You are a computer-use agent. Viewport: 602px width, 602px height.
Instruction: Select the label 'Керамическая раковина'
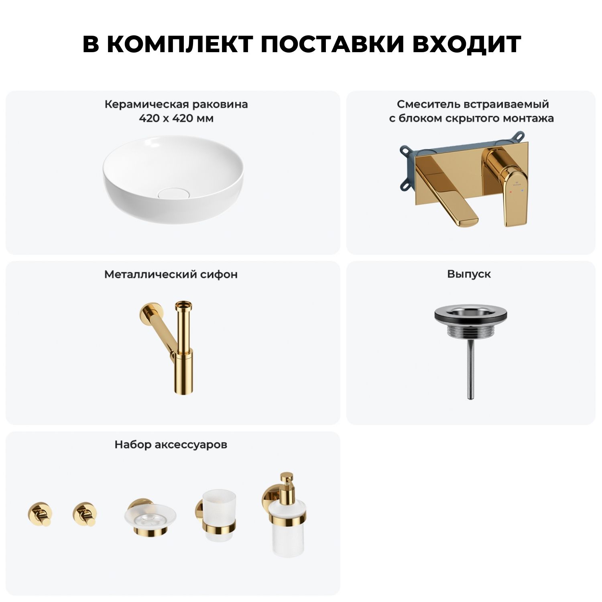(x=176, y=104)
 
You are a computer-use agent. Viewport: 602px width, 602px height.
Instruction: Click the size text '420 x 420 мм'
(x=176, y=118)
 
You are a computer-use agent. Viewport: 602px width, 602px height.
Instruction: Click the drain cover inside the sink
(x=173, y=193)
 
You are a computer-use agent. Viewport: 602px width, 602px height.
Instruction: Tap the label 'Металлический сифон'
(x=171, y=275)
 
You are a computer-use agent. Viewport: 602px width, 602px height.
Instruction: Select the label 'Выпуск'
(x=469, y=274)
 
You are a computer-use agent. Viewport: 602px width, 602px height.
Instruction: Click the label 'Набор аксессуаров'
(x=171, y=445)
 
